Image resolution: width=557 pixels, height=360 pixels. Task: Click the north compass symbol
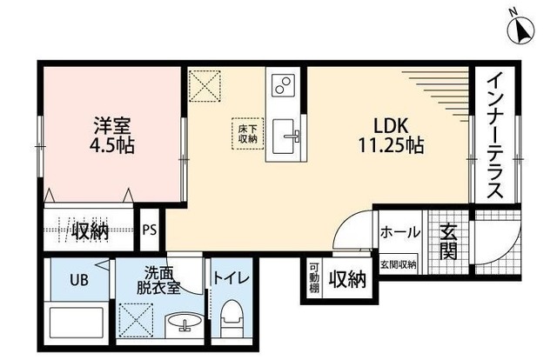click(x=521, y=29)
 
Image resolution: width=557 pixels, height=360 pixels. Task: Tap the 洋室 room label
click(x=108, y=124)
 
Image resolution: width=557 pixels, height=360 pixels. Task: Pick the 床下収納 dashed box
click(x=248, y=133)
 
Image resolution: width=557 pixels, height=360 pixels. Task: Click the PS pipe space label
click(x=150, y=230)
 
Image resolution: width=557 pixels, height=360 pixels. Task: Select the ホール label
click(x=399, y=233)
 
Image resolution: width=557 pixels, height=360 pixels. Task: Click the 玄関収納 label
click(x=399, y=264)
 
